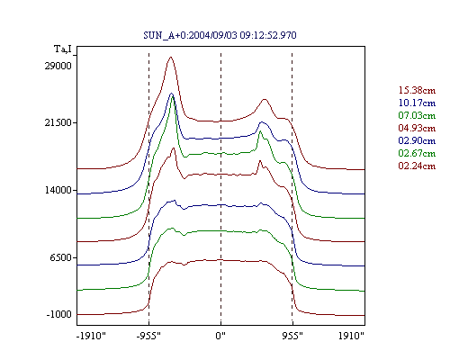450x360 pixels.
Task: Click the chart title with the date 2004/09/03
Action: (x=220, y=35)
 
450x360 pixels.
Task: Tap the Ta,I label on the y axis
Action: (x=63, y=49)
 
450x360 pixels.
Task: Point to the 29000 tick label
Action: (x=58, y=66)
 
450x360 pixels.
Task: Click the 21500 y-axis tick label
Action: (x=58, y=122)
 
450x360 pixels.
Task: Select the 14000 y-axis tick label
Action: (x=58, y=190)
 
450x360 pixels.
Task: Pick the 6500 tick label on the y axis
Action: (x=61, y=257)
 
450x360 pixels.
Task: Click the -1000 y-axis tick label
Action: (x=59, y=314)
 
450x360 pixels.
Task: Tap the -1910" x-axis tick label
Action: (x=91, y=336)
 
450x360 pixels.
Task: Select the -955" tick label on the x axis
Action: (x=148, y=336)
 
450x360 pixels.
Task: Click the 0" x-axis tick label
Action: (x=220, y=336)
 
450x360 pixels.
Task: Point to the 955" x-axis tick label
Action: (x=292, y=336)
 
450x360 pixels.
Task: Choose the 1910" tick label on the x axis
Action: (x=351, y=336)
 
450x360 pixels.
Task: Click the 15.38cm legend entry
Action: (x=417, y=90)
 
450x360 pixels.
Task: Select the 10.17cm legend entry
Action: (x=417, y=103)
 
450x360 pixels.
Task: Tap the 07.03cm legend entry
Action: (x=417, y=115)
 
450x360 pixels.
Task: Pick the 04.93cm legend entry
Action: (x=417, y=128)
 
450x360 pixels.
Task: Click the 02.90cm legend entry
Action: (x=417, y=140)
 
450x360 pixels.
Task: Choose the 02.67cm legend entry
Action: (x=417, y=153)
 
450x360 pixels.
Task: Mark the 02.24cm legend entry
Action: (x=417, y=166)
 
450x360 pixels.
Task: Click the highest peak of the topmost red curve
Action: (x=171, y=57)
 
